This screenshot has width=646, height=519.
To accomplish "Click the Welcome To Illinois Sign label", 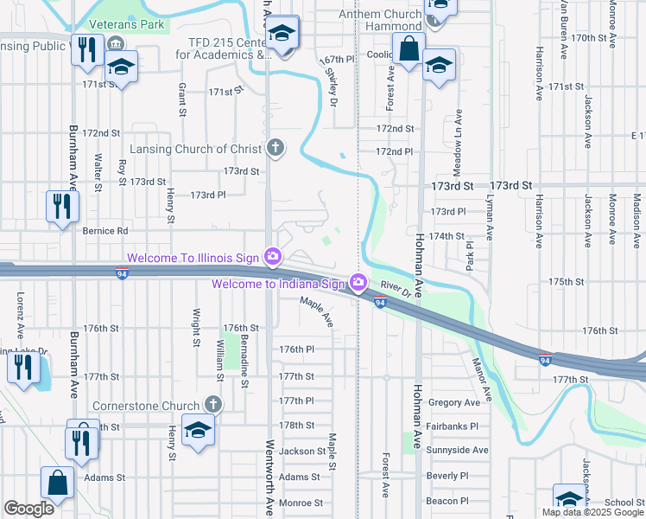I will (x=194, y=258).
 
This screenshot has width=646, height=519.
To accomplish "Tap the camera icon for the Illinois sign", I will (x=273, y=256).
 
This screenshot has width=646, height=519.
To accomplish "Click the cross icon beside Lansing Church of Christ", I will (x=275, y=148).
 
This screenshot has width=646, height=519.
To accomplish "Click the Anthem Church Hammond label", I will (x=379, y=21).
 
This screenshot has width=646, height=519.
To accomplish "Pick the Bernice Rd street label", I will (x=104, y=231).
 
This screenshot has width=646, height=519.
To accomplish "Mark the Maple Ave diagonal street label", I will (x=316, y=311).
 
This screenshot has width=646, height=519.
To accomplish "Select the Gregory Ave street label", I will (x=453, y=402).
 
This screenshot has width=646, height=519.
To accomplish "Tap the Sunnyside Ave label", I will (x=458, y=450).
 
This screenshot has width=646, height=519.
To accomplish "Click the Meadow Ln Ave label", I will (x=459, y=138).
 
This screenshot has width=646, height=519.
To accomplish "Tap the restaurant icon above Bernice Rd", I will (x=61, y=206).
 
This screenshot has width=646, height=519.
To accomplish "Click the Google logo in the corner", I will (x=28, y=509).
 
